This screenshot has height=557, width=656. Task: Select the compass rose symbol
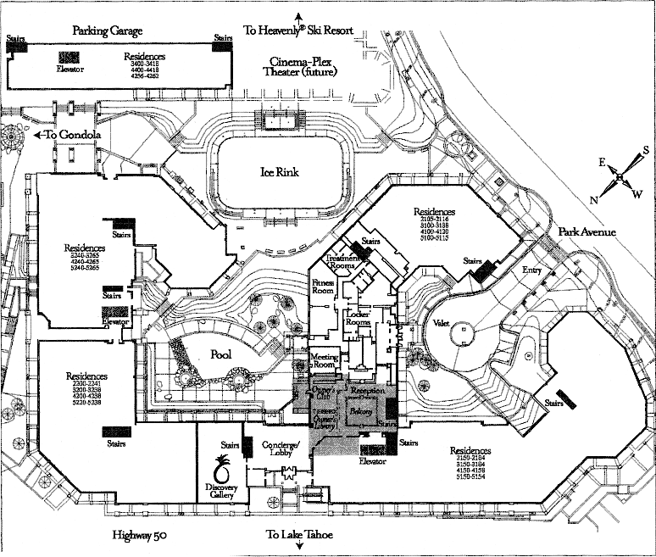[620, 177]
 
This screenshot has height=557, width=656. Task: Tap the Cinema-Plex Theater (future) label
[303, 67]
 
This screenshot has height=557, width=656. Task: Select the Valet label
[441, 323]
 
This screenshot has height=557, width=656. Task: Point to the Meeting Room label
[325, 360]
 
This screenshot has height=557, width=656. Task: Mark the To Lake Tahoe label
[300, 535]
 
